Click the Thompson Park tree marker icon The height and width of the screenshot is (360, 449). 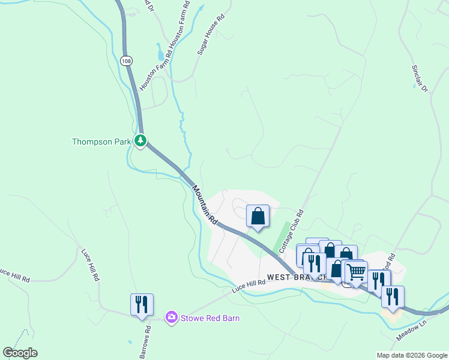(x=140, y=141)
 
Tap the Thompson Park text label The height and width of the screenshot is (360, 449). (x=101, y=142)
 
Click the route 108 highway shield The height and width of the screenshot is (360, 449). (x=125, y=61)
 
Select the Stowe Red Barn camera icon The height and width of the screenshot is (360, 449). (x=172, y=317)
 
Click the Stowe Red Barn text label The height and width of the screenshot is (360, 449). (x=210, y=318)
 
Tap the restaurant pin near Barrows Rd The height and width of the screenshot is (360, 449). (x=142, y=304)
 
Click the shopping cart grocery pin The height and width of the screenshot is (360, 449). (x=357, y=272)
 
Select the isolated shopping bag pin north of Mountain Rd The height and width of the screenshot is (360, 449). (x=258, y=216)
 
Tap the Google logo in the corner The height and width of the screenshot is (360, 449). (x=20, y=353)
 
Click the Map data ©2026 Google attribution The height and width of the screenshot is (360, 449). (x=412, y=355)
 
